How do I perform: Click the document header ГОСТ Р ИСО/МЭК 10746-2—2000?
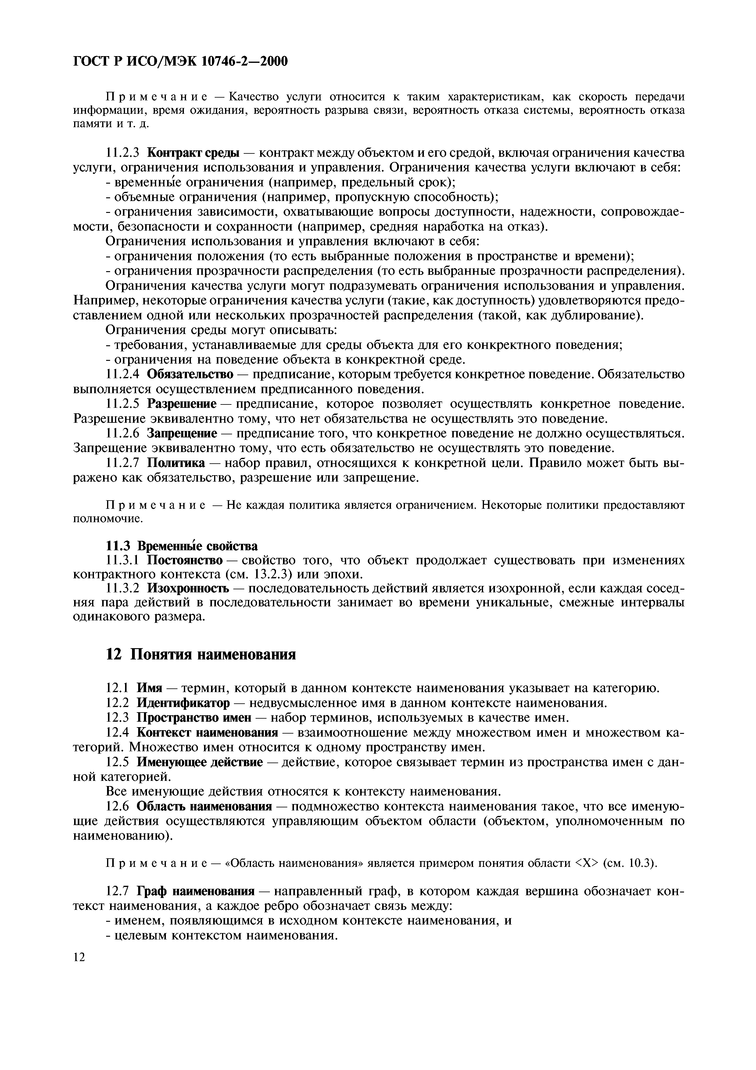[x=181, y=61]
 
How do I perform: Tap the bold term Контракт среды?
[x=193, y=153]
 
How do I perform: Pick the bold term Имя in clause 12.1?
[x=149, y=688]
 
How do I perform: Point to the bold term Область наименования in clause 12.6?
[x=204, y=806]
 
